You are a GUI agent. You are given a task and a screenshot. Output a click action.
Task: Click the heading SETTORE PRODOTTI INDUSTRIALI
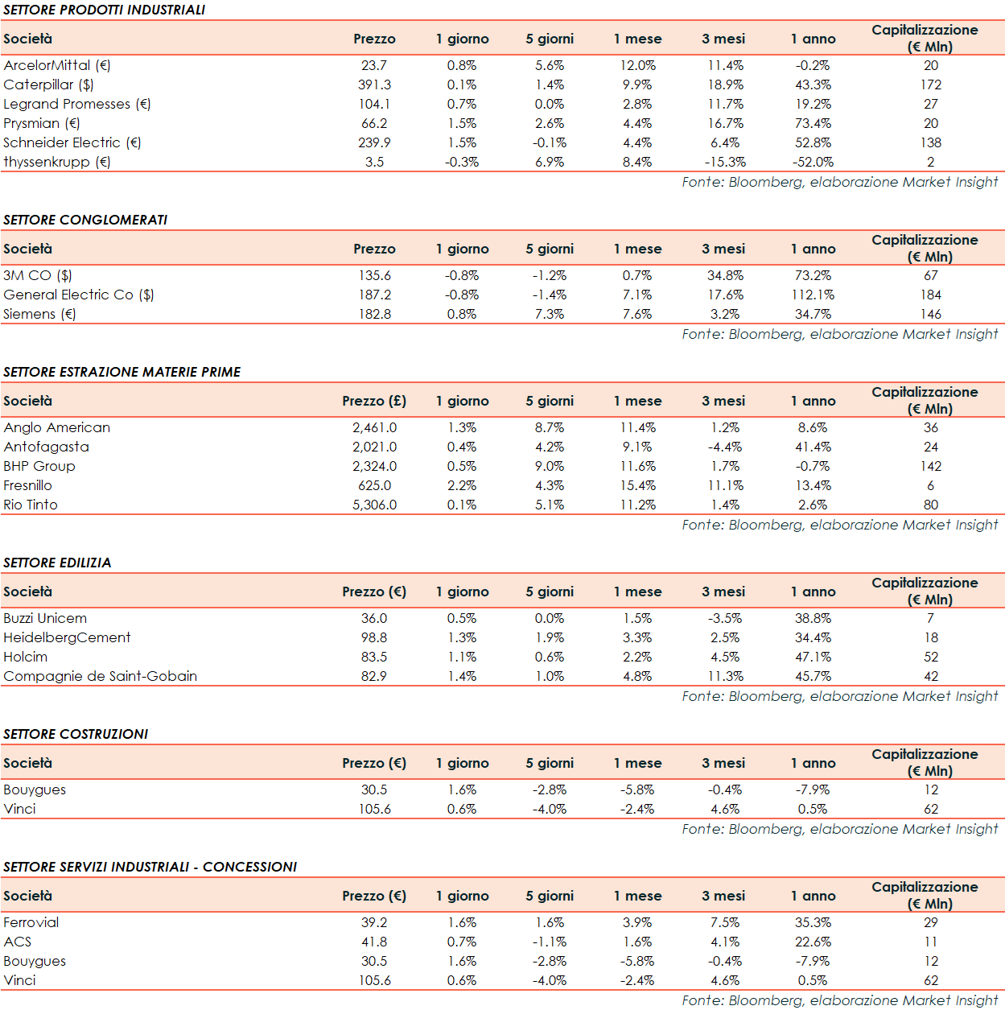pyautogui.click(x=104, y=10)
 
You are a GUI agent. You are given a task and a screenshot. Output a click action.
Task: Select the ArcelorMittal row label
pyautogui.click(x=57, y=65)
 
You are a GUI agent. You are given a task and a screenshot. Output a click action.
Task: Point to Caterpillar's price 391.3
pyautogui.click(x=374, y=85)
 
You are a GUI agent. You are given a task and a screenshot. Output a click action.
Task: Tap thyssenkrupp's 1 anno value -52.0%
pyautogui.click(x=813, y=162)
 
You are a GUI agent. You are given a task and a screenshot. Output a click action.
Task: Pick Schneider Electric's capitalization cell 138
pyautogui.click(x=931, y=142)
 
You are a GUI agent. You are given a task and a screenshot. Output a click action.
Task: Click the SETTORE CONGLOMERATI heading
pyautogui.click(x=85, y=220)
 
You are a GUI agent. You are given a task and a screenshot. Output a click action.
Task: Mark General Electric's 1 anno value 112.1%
pyautogui.click(x=813, y=295)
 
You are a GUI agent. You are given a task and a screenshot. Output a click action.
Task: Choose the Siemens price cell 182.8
pyautogui.click(x=374, y=314)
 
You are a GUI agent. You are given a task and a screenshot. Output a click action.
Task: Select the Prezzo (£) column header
pyautogui.click(x=374, y=401)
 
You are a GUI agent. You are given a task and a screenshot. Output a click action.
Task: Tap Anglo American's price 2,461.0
pyautogui.click(x=374, y=427)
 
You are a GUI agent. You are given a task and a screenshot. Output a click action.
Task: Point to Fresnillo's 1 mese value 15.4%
pyautogui.click(x=637, y=485)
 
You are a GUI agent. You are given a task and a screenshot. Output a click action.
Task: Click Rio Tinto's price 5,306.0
pyautogui.click(x=374, y=505)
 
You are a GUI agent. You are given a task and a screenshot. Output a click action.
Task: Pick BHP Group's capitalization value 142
pyautogui.click(x=931, y=466)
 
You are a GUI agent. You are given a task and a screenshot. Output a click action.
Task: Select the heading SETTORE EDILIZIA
pyautogui.click(x=57, y=563)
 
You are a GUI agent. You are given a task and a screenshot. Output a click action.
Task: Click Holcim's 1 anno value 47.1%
pyautogui.click(x=813, y=657)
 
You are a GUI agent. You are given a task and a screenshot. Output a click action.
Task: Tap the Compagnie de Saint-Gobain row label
pyautogui.click(x=100, y=676)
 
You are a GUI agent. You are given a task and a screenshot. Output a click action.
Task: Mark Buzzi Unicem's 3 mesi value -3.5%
pyautogui.click(x=725, y=618)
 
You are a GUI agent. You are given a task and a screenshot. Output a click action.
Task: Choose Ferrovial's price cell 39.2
pyautogui.click(x=374, y=922)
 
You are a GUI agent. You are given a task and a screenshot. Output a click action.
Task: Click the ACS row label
pyautogui.click(x=18, y=942)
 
